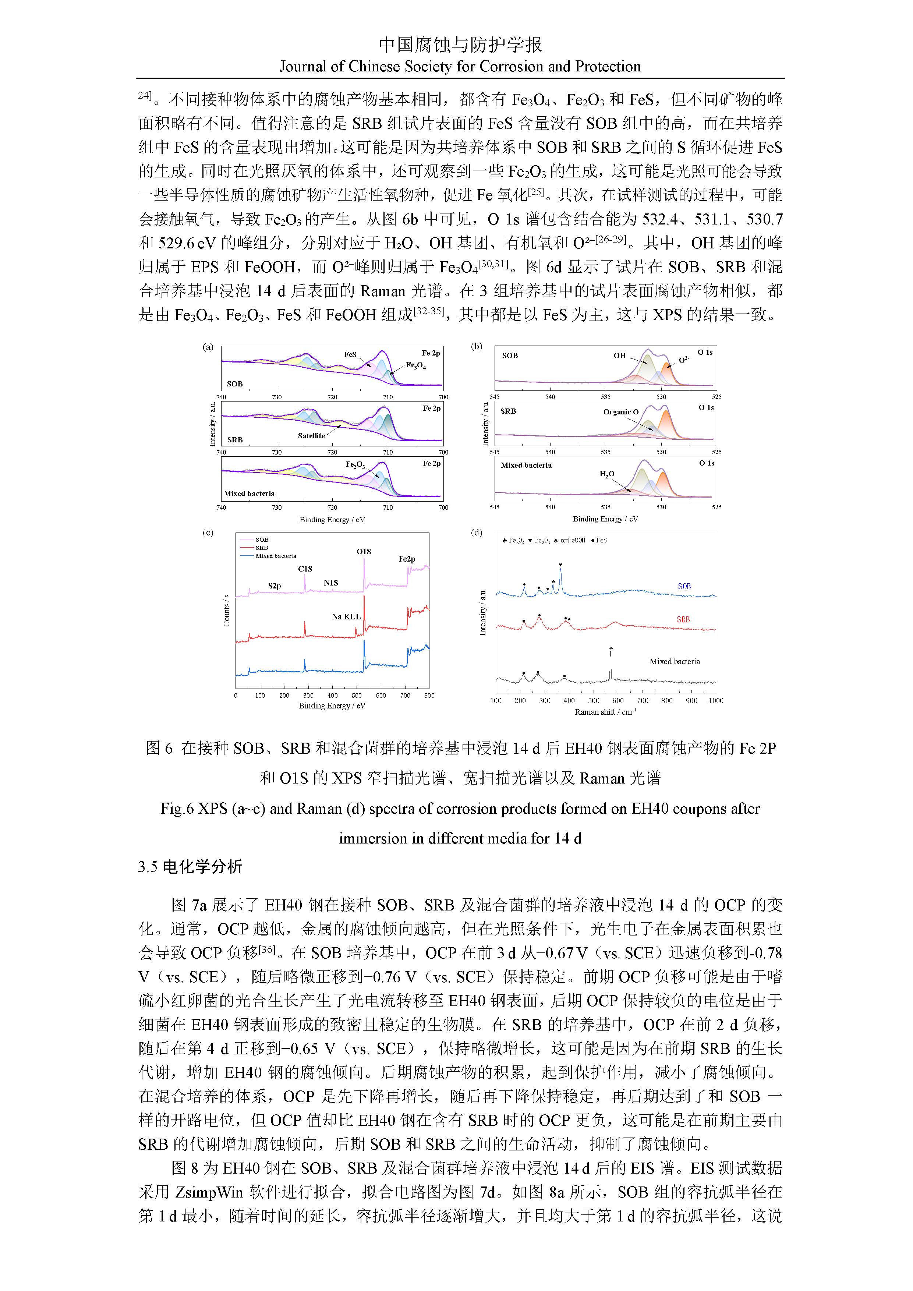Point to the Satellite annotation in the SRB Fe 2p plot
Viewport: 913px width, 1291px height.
click(x=311, y=436)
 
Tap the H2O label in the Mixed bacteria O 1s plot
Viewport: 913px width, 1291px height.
click(x=606, y=474)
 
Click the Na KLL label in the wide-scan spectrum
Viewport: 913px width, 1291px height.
click(x=346, y=617)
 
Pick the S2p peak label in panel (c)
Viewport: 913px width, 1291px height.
click(x=275, y=586)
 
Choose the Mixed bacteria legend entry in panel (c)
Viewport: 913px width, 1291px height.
click(x=276, y=556)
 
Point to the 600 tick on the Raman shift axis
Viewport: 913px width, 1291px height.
click(x=618, y=701)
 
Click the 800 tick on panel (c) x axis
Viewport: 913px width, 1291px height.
click(x=429, y=696)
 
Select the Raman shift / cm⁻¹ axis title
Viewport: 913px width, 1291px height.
click(x=605, y=712)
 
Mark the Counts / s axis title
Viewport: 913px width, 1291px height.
click(x=227, y=610)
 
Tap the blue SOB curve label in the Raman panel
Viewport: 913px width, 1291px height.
click(x=684, y=587)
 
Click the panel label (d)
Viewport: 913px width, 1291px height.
click(x=476, y=533)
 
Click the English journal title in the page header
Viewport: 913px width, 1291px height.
click(x=460, y=67)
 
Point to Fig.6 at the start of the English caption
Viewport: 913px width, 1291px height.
click(x=177, y=809)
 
